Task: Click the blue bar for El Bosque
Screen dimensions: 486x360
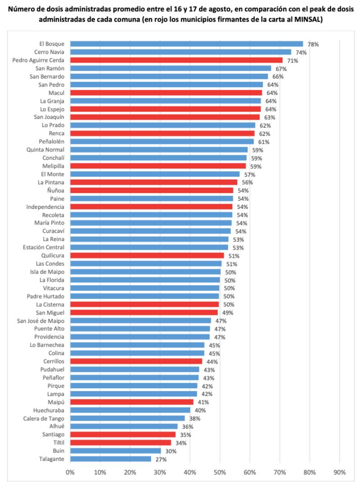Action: tap(187, 44)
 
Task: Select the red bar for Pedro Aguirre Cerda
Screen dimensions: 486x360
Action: tap(176, 60)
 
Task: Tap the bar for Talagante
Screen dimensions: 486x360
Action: tap(111, 459)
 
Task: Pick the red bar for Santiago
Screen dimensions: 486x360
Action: tap(123, 435)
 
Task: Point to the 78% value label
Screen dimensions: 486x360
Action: tap(313, 45)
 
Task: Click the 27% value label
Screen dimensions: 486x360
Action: tap(161, 459)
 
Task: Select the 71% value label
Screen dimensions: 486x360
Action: tap(292, 60)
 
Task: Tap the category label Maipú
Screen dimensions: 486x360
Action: tap(56, 402)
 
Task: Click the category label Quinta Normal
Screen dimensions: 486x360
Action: tap(45, 149)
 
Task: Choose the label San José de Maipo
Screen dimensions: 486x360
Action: tap(40, 320)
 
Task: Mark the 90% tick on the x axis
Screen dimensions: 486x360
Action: tap(339, 472)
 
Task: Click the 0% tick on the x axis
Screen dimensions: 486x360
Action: tap(70, 472)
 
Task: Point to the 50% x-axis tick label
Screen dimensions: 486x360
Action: tap(220, 472)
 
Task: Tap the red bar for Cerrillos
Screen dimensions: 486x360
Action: tap(136, 361)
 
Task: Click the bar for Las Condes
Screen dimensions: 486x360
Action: tap(146, 264)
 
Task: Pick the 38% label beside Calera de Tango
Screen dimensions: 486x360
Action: tap(194, 418)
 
